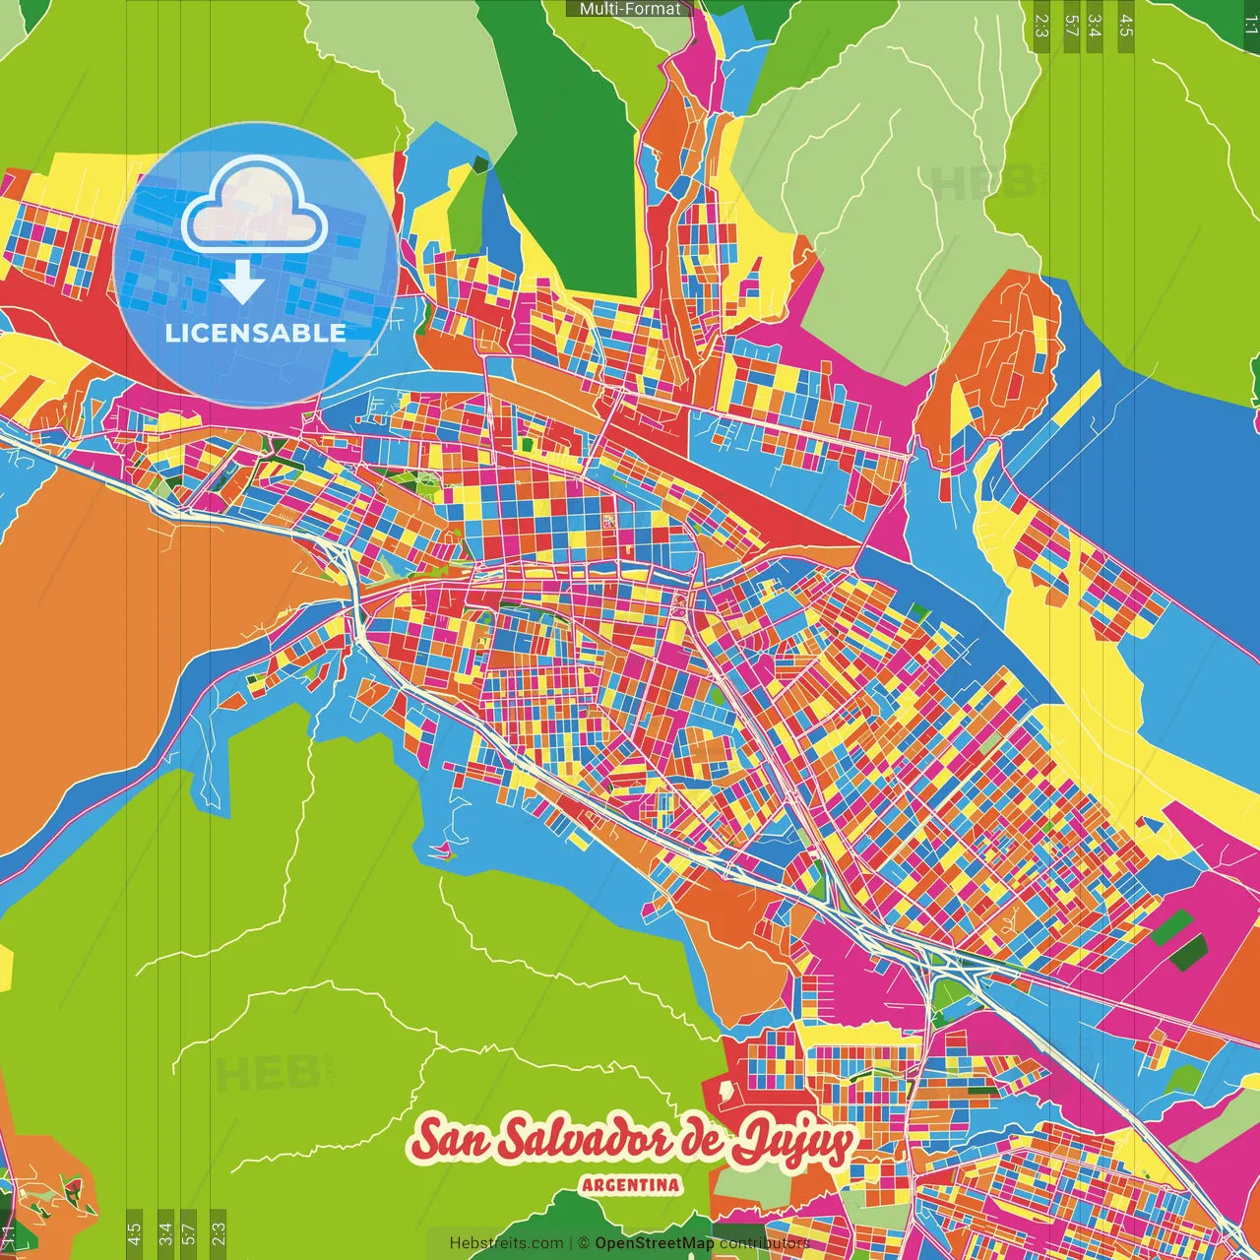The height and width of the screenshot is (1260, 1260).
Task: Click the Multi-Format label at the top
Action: (629, 9)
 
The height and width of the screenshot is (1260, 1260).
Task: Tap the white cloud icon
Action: (254, 210)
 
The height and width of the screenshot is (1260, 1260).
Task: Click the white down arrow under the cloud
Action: (241, 284)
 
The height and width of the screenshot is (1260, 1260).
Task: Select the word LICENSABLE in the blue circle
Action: (255, 333)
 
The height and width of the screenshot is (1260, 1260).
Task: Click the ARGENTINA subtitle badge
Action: (630, 1184)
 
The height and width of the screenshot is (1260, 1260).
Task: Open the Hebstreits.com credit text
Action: (506, 1243)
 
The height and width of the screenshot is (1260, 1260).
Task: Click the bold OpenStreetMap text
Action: (654, 1243)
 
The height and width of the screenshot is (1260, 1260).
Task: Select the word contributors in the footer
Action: (764, 1243)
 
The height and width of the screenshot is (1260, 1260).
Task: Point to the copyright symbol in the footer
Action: (583, 1243)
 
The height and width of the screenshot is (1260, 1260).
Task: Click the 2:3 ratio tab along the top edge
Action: (1040, 25)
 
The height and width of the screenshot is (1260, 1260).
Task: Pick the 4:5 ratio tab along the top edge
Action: (1126, 25)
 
